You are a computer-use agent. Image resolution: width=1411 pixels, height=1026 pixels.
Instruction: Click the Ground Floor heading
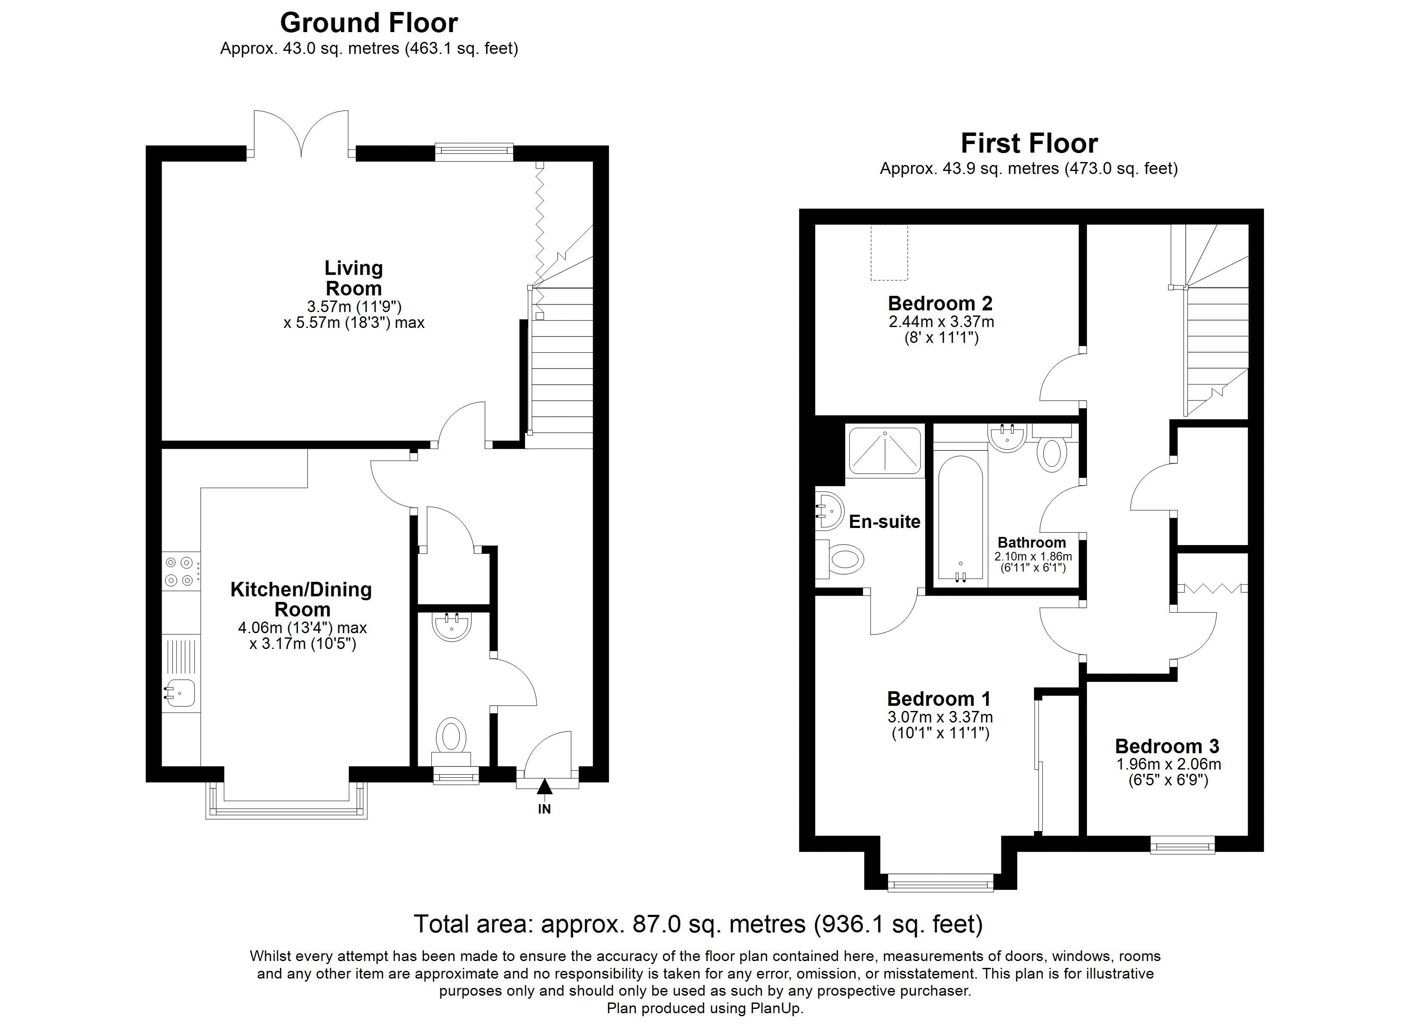click(x=369, y=23)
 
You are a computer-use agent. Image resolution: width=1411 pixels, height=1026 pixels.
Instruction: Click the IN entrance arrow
click(x=544, y=788)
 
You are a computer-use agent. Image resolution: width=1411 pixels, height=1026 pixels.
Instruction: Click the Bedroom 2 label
click(x=940, y=304)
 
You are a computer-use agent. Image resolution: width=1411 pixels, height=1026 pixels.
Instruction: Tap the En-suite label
click(x=884, y=522)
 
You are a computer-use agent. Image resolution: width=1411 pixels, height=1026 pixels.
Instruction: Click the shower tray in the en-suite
click(x=884, y=451)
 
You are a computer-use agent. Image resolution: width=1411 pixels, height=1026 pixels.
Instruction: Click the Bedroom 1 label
click(x=939, y=699)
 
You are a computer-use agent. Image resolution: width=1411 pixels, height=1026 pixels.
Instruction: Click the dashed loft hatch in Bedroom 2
click(x=889, y=253)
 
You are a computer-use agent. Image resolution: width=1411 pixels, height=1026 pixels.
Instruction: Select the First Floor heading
click(x=1029, y=144)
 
